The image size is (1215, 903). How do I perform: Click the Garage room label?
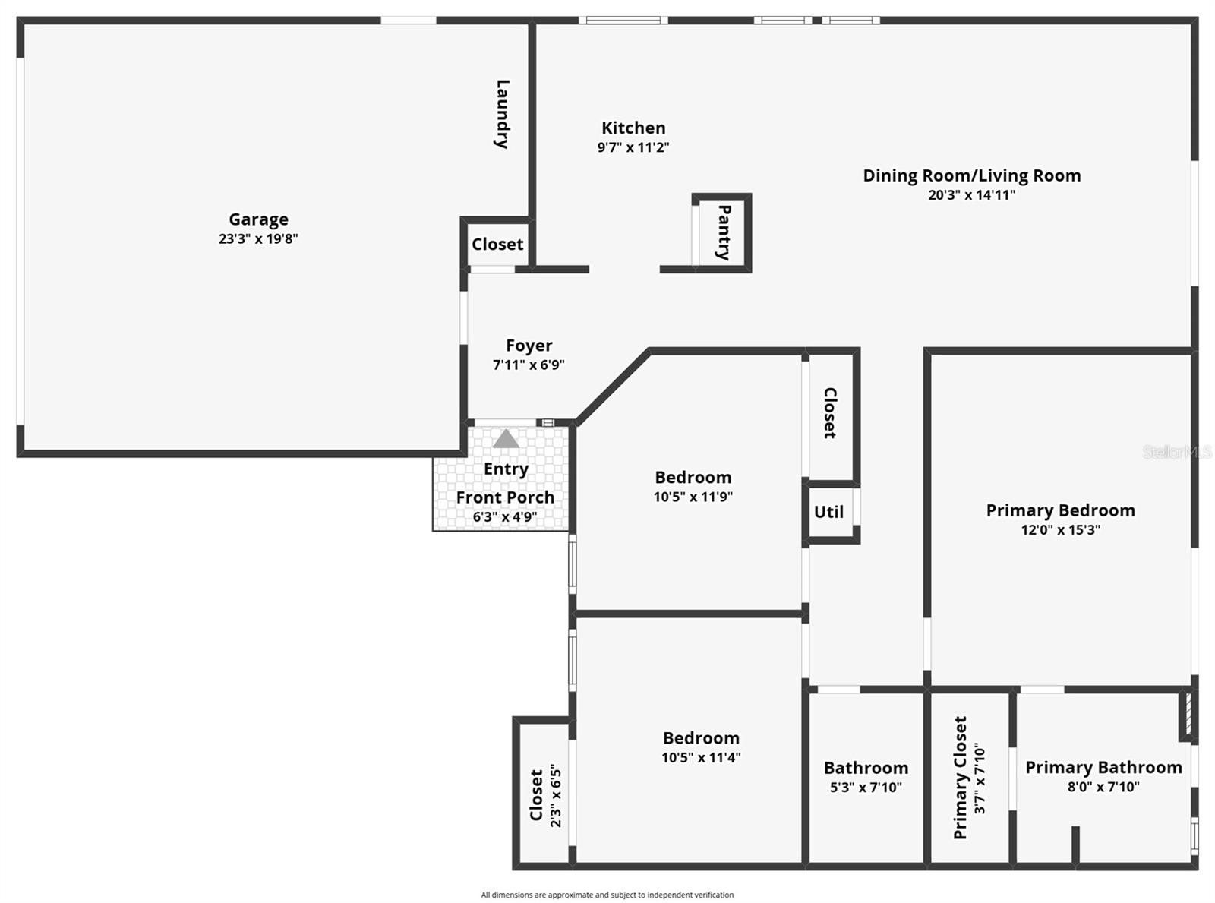click(x=258, y=219)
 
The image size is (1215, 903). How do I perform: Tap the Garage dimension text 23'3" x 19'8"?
click(x=258, y=238)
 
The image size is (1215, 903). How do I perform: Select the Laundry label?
click(x=501, y=114)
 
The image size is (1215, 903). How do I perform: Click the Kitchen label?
click(x=633, y=128)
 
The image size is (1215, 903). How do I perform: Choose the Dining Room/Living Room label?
click(x=971, y=175)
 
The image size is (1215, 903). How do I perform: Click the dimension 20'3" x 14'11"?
click(x=971, y=194)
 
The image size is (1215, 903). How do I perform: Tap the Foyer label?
click(x=529, y=346)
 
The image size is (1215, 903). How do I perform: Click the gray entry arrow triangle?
click(x=506, y=439)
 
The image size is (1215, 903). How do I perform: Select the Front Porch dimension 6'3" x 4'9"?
click(x=505, y=517)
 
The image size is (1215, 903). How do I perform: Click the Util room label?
click(x=828, y=512)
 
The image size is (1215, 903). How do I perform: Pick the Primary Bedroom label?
click(x=1060, y=510)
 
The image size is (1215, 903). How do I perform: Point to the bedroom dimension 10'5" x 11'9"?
click(x=693, y=497)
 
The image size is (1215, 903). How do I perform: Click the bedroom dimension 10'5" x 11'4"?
click(x=701, y=757)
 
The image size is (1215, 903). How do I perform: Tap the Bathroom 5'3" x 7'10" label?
click(x=866, y=769)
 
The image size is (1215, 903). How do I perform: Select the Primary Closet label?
click(x=960, y=778)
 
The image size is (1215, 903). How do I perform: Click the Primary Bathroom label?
click(x=1103, y=768)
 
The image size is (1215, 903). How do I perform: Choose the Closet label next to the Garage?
click(x=497, y=245)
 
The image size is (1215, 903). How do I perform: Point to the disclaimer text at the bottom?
click(x=607, y=895)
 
